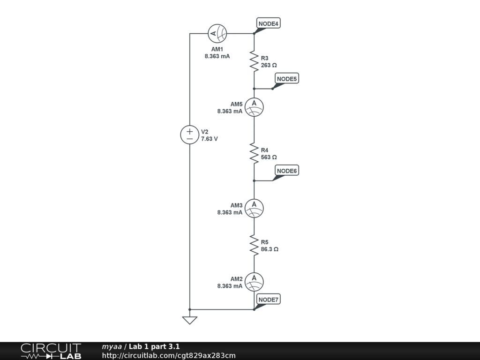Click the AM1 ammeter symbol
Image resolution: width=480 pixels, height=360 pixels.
pos(217,33)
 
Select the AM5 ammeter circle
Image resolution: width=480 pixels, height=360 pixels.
pos(254,107)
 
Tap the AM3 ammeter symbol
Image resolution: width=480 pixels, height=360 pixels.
pos(254,208)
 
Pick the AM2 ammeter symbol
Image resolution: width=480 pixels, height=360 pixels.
pos(254,281)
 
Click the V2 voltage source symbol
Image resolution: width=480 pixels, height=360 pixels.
pos(190,135)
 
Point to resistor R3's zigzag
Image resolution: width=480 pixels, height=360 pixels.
pos(254,61)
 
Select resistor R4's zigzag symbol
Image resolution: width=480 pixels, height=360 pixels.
pos(254,153)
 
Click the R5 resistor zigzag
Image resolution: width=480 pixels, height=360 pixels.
pos(254,245)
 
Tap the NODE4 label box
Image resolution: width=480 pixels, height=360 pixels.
pos(269,23)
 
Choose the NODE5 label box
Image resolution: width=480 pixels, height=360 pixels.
pos(286,79)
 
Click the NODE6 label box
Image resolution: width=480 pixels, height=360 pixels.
pos(286,171)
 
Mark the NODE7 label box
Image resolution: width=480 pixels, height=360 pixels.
pos(269,300)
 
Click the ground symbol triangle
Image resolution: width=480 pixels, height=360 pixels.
pos(190,320)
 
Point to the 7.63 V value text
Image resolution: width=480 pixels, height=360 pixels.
pos(209,139)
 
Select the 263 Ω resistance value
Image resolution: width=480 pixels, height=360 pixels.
pos(269,65)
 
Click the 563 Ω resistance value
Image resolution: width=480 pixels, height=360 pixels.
pos(269,157)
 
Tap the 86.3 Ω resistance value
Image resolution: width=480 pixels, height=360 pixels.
pos(270,249)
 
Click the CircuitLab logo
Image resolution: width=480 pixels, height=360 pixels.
pos(51,351)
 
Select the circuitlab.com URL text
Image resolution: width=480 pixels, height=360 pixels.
pos(169,356)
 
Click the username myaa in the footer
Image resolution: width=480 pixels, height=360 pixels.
pos(112,347)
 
